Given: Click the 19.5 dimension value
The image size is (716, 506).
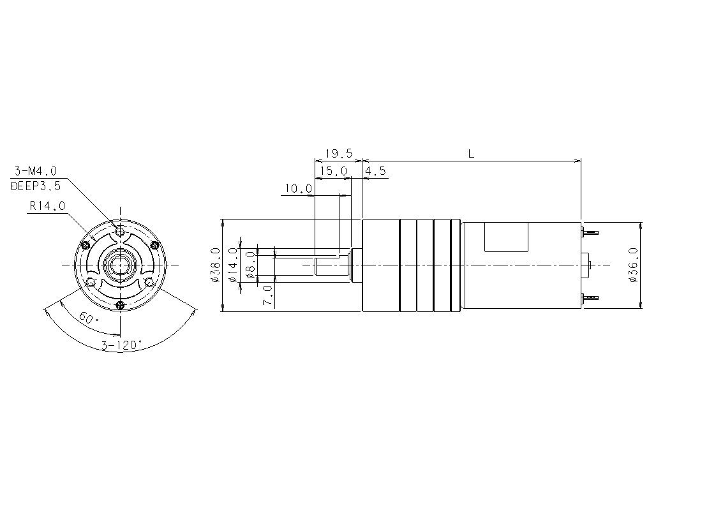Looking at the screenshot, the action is click(x=339, y=153).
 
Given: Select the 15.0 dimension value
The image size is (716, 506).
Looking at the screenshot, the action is click(x=333, y=171).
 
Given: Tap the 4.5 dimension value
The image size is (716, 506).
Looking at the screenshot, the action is click(x=375, y=171).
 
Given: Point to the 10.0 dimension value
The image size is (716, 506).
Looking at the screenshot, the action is click(x=298, y=188).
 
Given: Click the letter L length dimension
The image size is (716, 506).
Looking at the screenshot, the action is click(x=471, y=154).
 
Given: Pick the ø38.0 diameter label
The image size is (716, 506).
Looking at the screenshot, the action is click(x=216, y=265).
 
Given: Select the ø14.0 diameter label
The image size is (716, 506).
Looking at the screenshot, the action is click(x=233, y=265).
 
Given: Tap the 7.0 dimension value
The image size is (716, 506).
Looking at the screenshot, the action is click(x=268, y=295).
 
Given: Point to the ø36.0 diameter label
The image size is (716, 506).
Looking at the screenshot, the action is click(x=633, y=265).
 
